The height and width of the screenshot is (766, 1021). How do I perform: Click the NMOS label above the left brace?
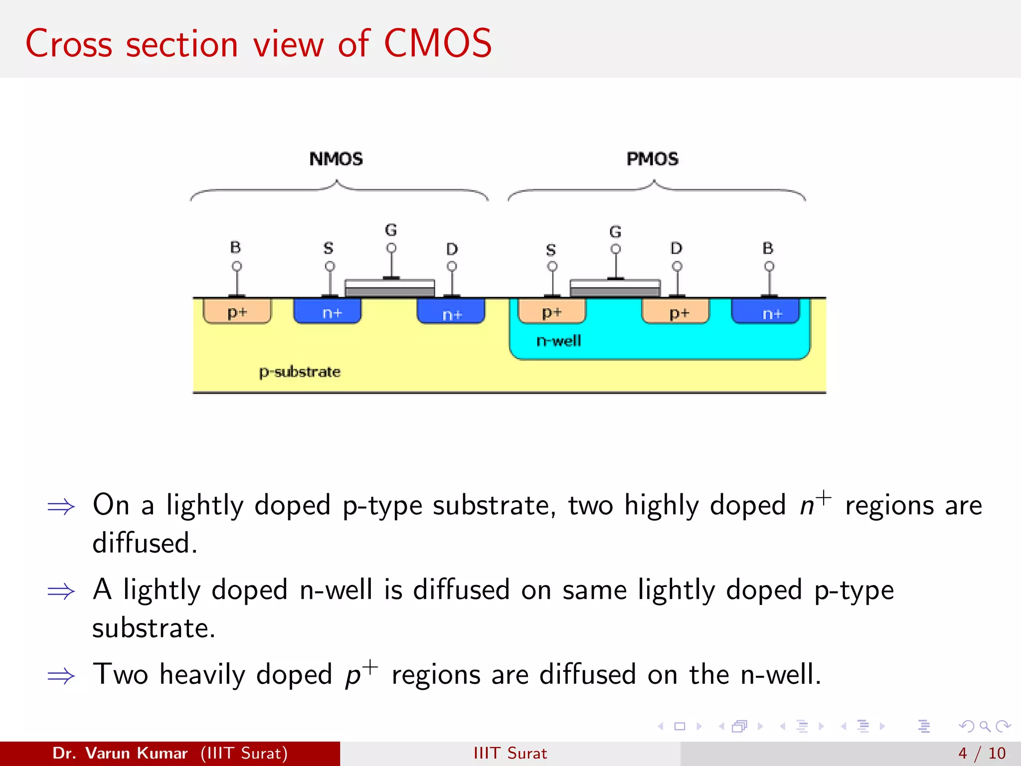tap(336, 159)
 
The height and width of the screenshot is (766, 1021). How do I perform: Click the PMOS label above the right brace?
tap(652, 159)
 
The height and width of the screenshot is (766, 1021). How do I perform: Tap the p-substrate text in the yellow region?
tap(300, 372)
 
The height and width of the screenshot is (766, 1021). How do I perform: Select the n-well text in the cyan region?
tap(558, 341)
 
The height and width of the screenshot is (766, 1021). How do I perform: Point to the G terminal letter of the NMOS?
tap(391, 230)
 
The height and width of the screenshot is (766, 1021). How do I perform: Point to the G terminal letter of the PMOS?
tap(615, 232)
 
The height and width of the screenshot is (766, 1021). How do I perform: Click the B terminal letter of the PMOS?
tap(768, 248)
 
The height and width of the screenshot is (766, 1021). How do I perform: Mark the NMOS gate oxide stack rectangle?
tap(390, 288)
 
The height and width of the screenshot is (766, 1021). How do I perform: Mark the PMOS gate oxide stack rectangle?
tap(615, 288)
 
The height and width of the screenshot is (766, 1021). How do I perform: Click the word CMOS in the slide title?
tap(438, 44)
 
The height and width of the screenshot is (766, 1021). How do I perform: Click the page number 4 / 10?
tap(982, 753)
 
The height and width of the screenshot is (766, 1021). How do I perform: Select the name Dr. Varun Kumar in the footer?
tap(120, 753)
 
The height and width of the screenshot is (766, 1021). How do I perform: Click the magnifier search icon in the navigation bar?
tap(985, 726)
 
